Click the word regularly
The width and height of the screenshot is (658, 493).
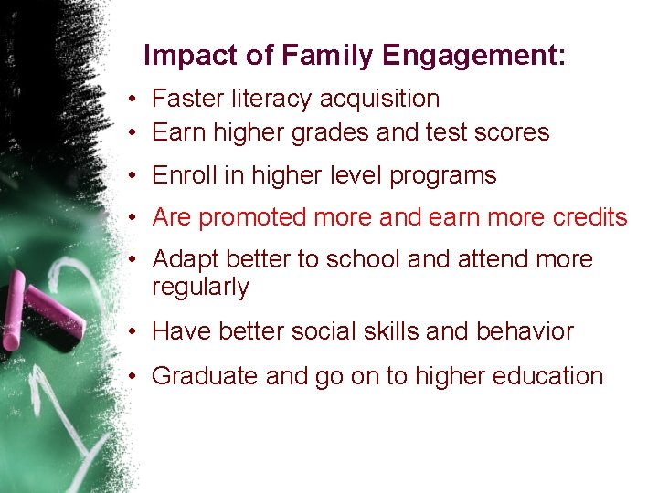(200, 288)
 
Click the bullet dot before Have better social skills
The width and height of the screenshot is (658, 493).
(133, 331)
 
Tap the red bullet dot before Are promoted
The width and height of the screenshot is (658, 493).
(133, 218)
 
